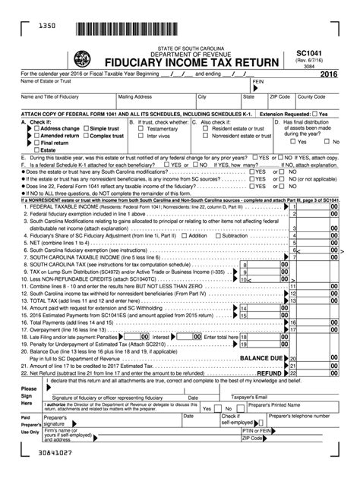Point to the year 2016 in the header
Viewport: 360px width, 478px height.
click(330, 74)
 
